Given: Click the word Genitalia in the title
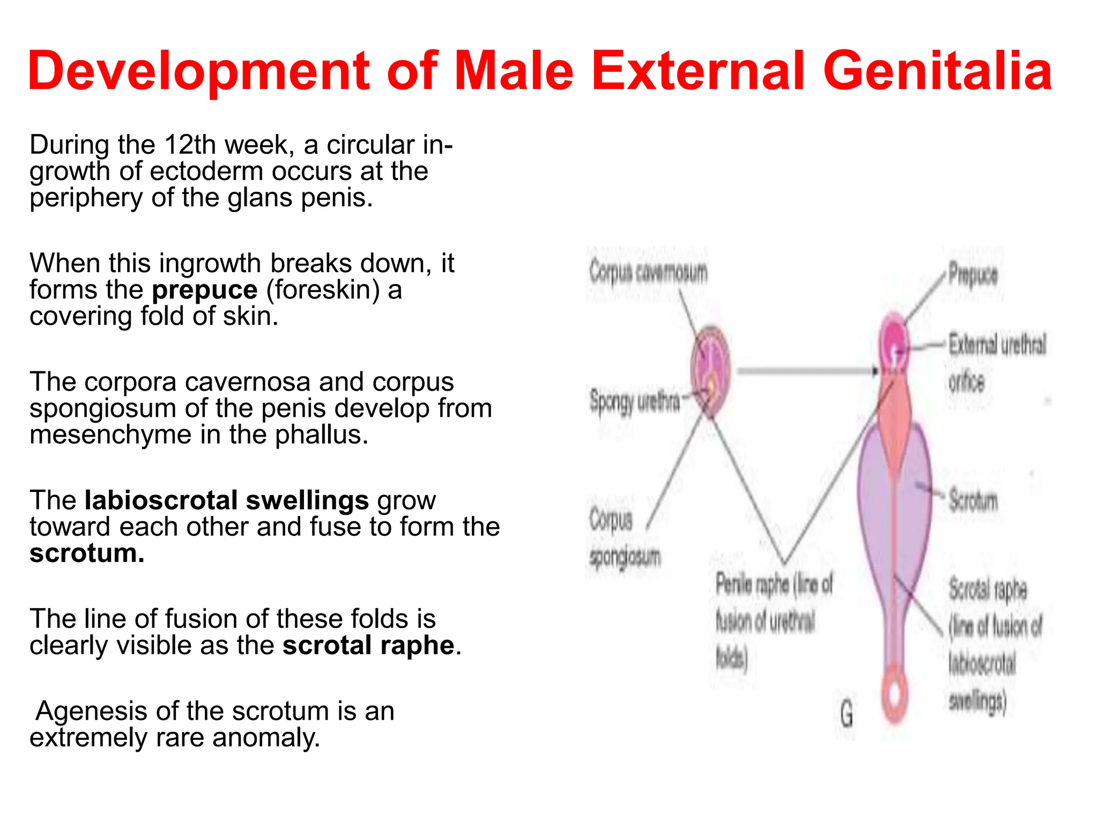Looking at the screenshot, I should pyautogui.click(x=937, y=71).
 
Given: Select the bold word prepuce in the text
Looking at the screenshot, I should pyautogui.click(x=204, y=290).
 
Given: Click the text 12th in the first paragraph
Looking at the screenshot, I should pyautogui.click(x=190, y=145).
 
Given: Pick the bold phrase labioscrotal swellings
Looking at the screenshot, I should pyautogui.click(x=226, y=500).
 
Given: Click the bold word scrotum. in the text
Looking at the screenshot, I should pyautogui.click(x=87, y=553).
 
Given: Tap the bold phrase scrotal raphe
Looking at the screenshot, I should pyautogui.click(x=368, y=645).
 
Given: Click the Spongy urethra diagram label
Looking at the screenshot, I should pyautogui.click(x=635, y=401).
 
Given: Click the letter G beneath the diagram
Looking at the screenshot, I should pyautogui.click(x=847, y=714).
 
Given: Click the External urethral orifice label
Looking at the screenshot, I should pyautogui.click(x=996, y=362).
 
